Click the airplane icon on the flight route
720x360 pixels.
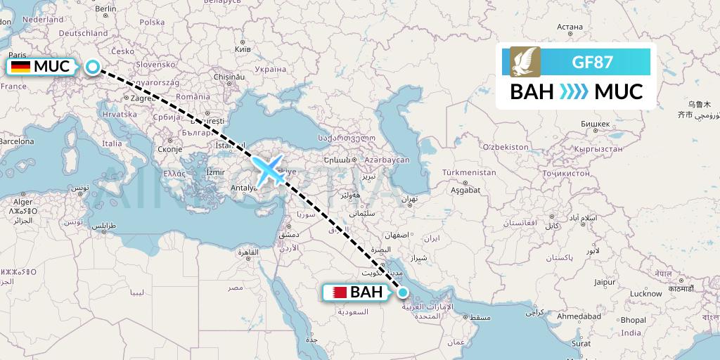[x=269, y=171]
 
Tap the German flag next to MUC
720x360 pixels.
[x=20, y=67]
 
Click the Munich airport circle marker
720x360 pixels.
[x=94, y=67]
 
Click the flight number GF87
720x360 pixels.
[x=592, y=62]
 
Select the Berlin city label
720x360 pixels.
[x=105, y=9]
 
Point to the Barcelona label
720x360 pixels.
[x=16, y=141]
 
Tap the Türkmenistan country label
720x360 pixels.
[x=469, y=172]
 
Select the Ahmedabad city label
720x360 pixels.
[x=579, y=317]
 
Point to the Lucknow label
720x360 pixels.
[x=645, y=293]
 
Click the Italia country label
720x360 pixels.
[x=112, y=143]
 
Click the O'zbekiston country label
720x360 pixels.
[x=505, y=146]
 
